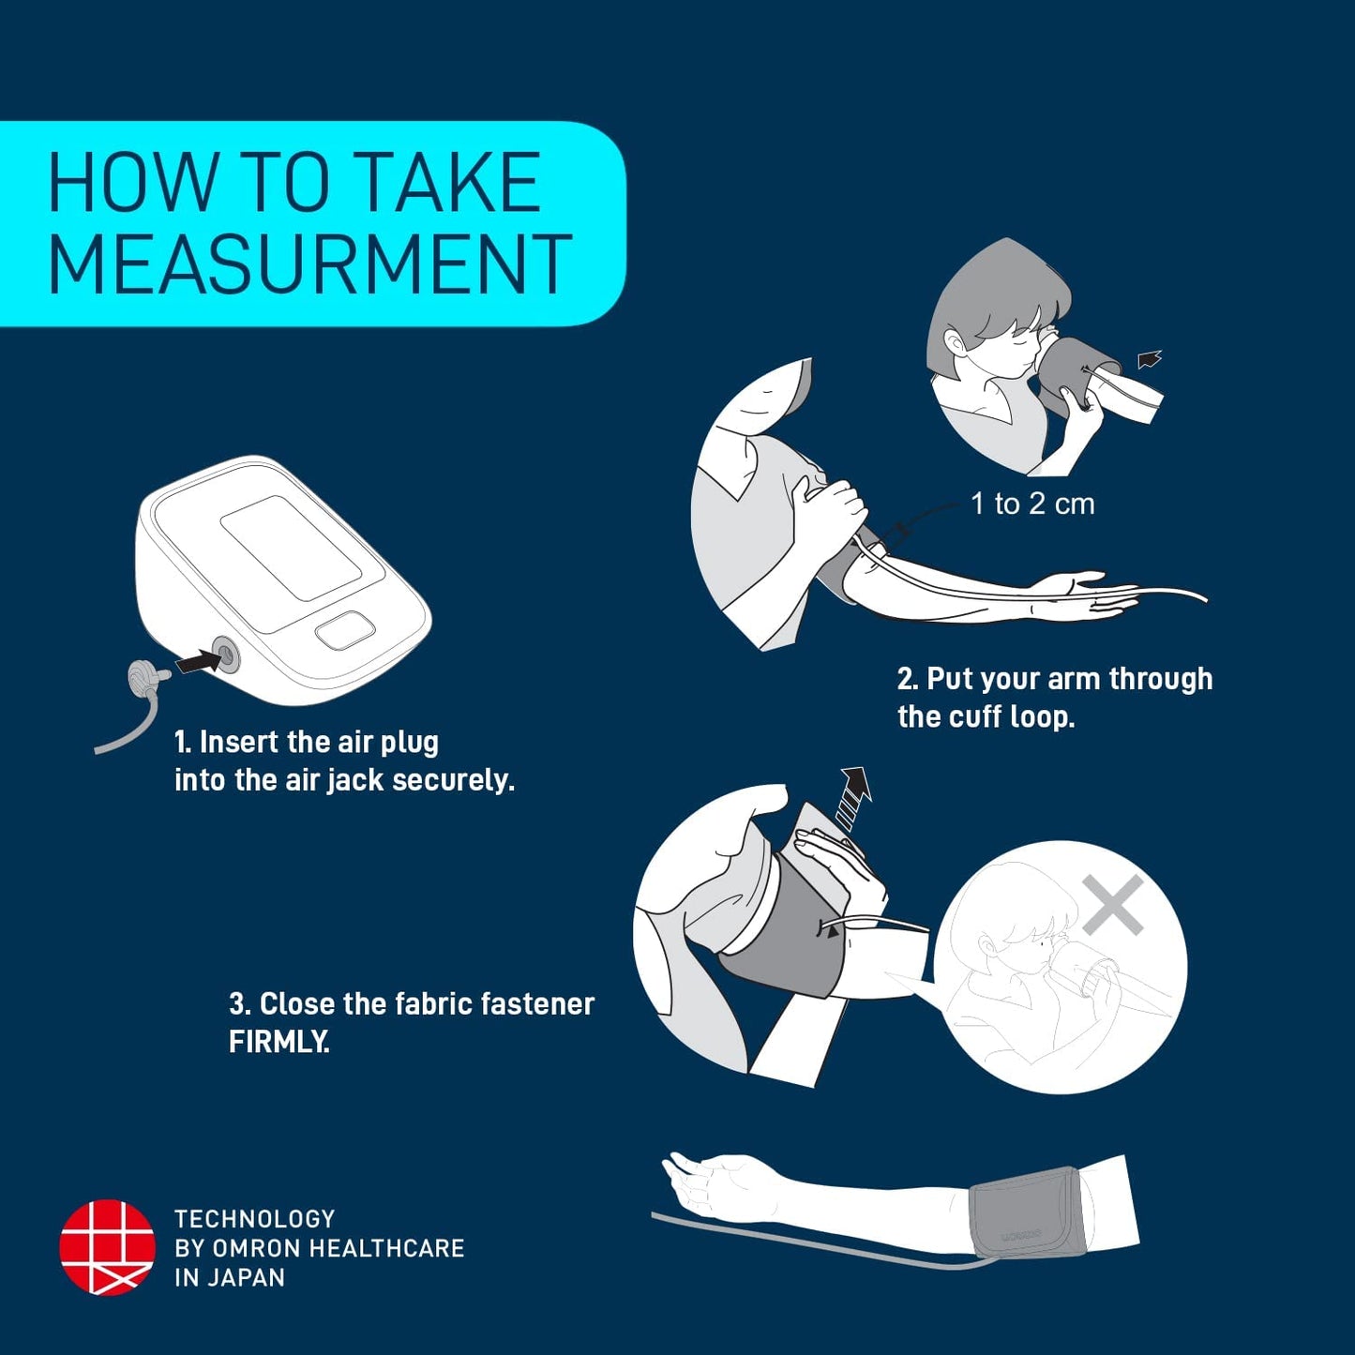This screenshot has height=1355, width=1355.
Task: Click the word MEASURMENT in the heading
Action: click(x=310, y=263)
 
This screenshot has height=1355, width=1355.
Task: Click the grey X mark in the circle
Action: click(x=1112, y=905)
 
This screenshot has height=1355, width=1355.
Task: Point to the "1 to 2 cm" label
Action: click(x=1032, y=504)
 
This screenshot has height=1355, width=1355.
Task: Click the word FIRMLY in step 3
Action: click(x=279, y=1043)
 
